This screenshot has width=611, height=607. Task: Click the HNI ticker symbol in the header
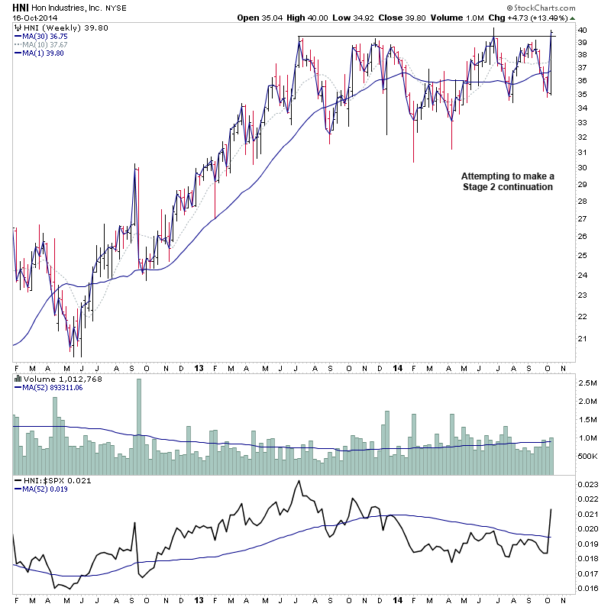[x=21, y=7]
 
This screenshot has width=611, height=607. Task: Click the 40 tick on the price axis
[x=582, y=31]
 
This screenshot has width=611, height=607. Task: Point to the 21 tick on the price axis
[x=582, y=338]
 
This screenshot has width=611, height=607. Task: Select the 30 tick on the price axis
[x=582, y=168]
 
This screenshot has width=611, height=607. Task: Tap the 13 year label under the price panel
[x=198, y=366]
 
